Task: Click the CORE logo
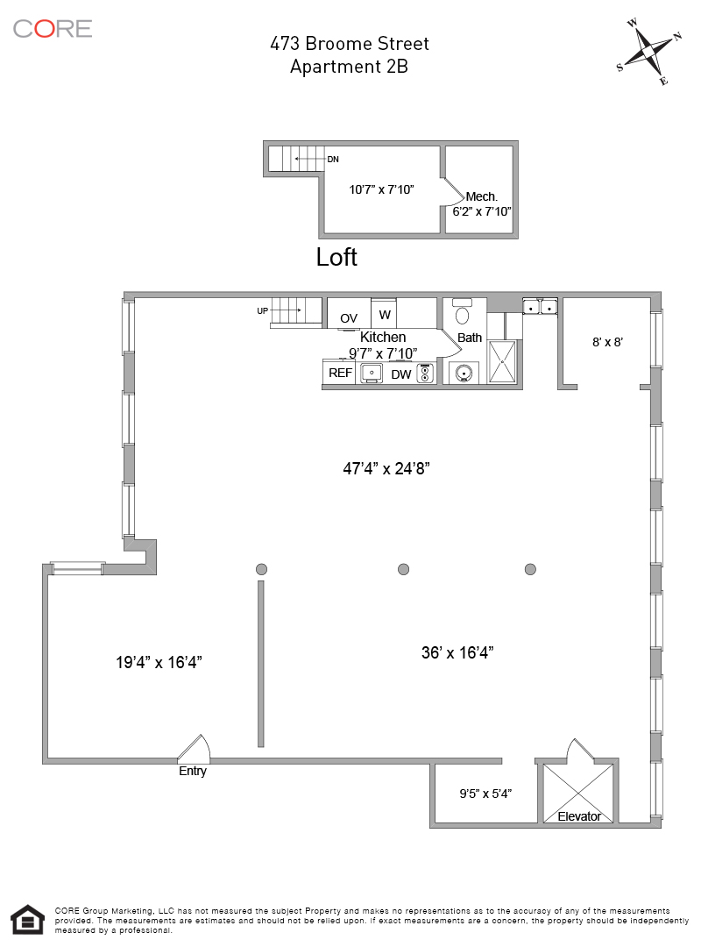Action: tap(53, 28)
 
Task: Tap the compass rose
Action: tap(649, 51)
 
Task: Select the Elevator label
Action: tap(579, 816)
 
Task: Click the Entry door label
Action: tap(193, 772)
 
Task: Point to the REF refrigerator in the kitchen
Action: tap(340, 374)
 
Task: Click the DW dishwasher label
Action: tap(400, 374)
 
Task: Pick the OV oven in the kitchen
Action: tap(349, 317)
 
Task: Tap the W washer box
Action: tap(384, 314)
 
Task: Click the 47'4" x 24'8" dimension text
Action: tap(386, 468)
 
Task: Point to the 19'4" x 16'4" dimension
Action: tap(159, 663)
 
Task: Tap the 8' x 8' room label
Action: tap(607, 342)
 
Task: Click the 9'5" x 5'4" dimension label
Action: tap(485, 794)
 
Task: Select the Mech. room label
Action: tap(481, 196)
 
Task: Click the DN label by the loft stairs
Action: tap(333, 160)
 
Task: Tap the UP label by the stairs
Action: tap(262, 311)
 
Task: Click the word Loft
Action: tap(336, 257)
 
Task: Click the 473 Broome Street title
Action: tap(349, 43)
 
